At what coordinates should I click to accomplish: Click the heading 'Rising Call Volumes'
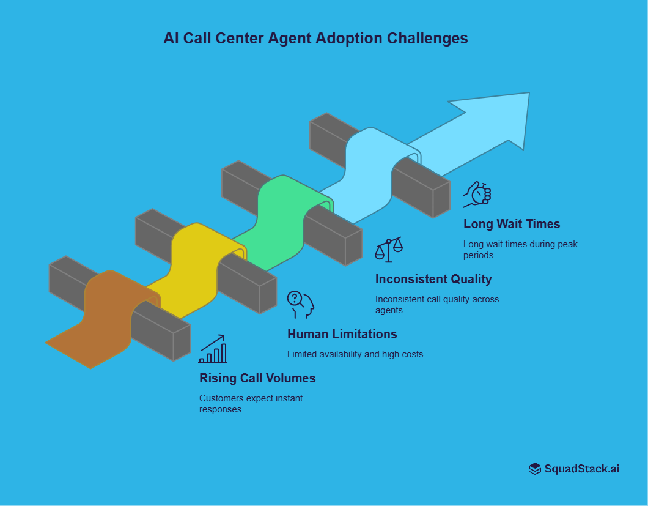[257, 378]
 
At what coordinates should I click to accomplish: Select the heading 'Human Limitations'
[342, 334]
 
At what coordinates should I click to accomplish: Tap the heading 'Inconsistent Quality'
[433, 279]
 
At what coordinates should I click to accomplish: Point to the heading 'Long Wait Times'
[511, 224]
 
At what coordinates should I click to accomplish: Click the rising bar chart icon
[213, 349]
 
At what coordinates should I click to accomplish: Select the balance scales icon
[389, 250]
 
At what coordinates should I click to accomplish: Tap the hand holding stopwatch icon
[477, 194]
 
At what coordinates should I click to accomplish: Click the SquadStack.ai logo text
[581, 469]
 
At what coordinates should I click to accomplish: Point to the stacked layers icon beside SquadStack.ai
[535, 469]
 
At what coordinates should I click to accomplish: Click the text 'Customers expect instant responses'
[251, 403]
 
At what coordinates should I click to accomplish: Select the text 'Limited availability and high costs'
[355, 354]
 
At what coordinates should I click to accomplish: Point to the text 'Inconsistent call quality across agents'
[436, 304]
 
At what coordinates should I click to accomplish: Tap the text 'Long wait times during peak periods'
[520, 249]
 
